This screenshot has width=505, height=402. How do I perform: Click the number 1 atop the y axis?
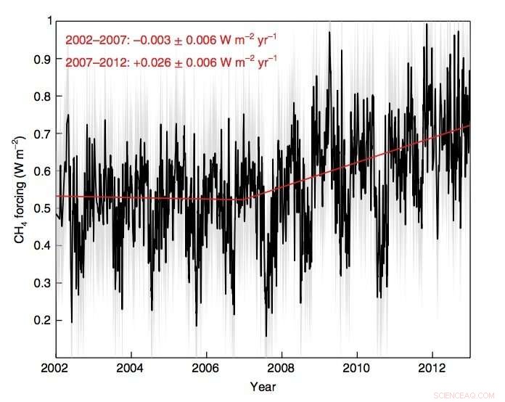click(x=48, y=21)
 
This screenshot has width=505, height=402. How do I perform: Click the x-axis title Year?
click(x=263, y=386)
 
